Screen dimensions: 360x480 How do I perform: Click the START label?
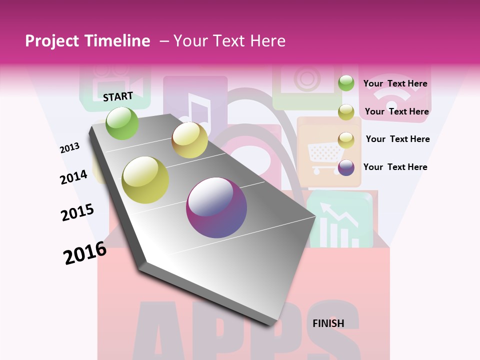(118, 96)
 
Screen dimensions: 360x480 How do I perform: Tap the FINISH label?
(328, 323)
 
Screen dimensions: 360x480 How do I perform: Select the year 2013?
(69, 147)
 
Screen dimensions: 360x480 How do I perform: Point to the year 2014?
(73, 177)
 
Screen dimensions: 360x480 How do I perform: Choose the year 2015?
(77, 212)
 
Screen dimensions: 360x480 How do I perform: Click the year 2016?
(85, 252)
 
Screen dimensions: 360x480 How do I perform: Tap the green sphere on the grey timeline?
(122, 123)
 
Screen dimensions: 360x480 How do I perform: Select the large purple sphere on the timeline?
(216, 207)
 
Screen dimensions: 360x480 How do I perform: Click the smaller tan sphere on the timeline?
(189, 140)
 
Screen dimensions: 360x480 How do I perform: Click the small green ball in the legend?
(346, 83)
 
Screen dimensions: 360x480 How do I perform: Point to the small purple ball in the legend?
(346, 167)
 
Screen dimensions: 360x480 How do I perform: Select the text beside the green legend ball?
(395, 83)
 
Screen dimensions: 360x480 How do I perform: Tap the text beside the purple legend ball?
(395, 167)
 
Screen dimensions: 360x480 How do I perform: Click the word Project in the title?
(51, 41)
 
